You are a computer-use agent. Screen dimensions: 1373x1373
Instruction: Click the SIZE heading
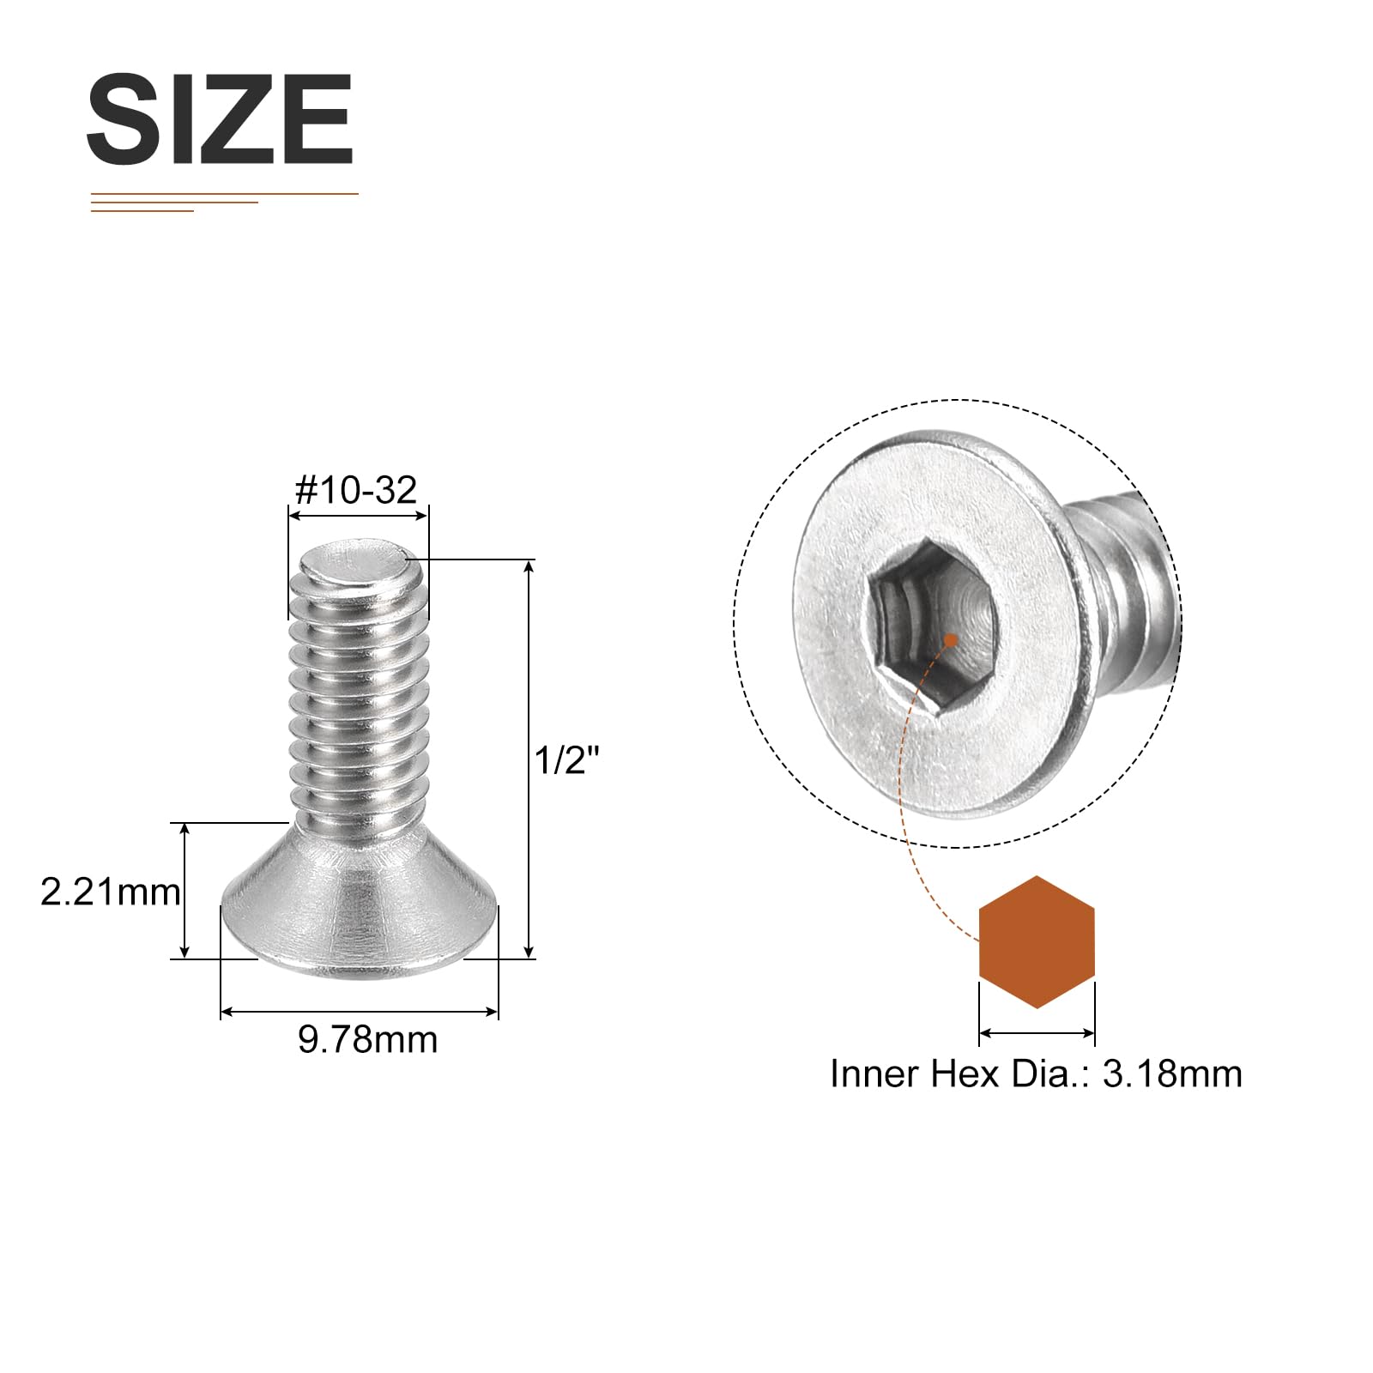pyautogui.click(x=220, y=119)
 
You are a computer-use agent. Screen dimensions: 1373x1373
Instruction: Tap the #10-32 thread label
pyautogui.click(x=356, y=490)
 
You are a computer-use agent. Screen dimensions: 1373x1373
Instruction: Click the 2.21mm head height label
pyautogui.click(x=111, y=892)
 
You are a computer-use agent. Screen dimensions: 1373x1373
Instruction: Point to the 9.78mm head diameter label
pyautogui.click(x=368, y=1039)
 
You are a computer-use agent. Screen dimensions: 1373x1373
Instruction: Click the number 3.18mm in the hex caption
pyautogui.click(x=1172, y=1074)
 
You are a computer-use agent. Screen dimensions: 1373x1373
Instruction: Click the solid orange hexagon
pyautogui.click(x=1037, y=941)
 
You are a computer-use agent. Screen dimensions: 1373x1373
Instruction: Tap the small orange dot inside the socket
pyautogui.click(x=951, y=640)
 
